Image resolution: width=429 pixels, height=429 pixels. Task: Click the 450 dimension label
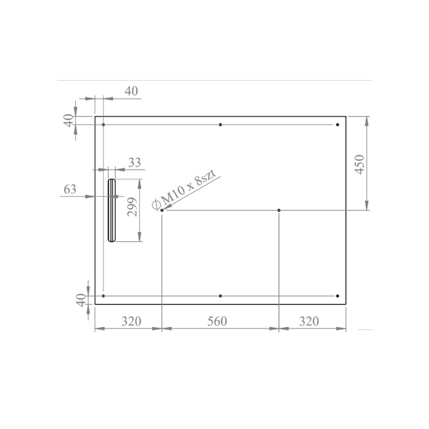coord(360,164)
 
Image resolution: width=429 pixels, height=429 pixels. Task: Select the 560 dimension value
coord(217,321)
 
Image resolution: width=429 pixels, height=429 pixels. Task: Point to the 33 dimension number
coord(134,162)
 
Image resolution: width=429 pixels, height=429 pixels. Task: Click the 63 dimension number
coord(70,190)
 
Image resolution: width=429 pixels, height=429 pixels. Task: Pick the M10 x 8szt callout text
coord(186,191)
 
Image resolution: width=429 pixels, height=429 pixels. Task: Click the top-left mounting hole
coord(103,125)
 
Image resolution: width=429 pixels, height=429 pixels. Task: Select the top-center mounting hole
coord(220,125)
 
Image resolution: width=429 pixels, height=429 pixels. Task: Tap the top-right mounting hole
coord(337,125)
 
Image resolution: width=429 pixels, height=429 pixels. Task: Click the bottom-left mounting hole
coord(103,296)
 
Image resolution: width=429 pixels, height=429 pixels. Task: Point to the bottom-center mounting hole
coord(220,296)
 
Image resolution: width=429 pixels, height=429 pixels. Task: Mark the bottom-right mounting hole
coord(337,296)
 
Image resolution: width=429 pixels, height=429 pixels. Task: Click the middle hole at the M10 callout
coord(162,210)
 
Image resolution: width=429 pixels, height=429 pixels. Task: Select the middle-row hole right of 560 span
coord(279,210)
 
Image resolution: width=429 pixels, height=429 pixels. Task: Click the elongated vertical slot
coord(112,210)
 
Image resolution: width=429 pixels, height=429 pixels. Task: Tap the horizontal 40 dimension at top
coord(132,91)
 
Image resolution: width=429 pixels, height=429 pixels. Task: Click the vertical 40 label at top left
coord(69,121)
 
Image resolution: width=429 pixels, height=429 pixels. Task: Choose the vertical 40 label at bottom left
coord(81,300)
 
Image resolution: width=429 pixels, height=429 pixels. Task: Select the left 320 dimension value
coord(131,321)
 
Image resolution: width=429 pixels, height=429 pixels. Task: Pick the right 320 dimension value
coord(309,321)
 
